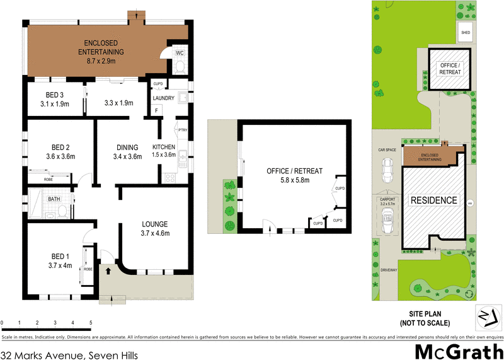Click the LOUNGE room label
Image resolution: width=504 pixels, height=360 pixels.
pyautogui.click(x=154, y=224)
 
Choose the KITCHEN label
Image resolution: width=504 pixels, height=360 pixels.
pyautogui.click(x=164, y=148)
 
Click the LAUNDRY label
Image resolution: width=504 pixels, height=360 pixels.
pyautogui.click(x=163, y=98)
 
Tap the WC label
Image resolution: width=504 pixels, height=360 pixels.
pyautogui.click(x=179, y=54)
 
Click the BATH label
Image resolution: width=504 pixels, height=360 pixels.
pyautogui.click(x=55, y=200)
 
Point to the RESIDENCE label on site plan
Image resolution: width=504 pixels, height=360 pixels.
pyautogui.click(x=434, y=200)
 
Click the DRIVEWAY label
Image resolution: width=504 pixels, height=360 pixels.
pyautogui.click(x=388, y=270)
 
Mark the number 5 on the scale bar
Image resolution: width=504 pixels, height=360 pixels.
pyautogui.click(x=91, y=323)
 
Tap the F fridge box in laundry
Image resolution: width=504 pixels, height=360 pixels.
pyautogui.click(x=157, y=111)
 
